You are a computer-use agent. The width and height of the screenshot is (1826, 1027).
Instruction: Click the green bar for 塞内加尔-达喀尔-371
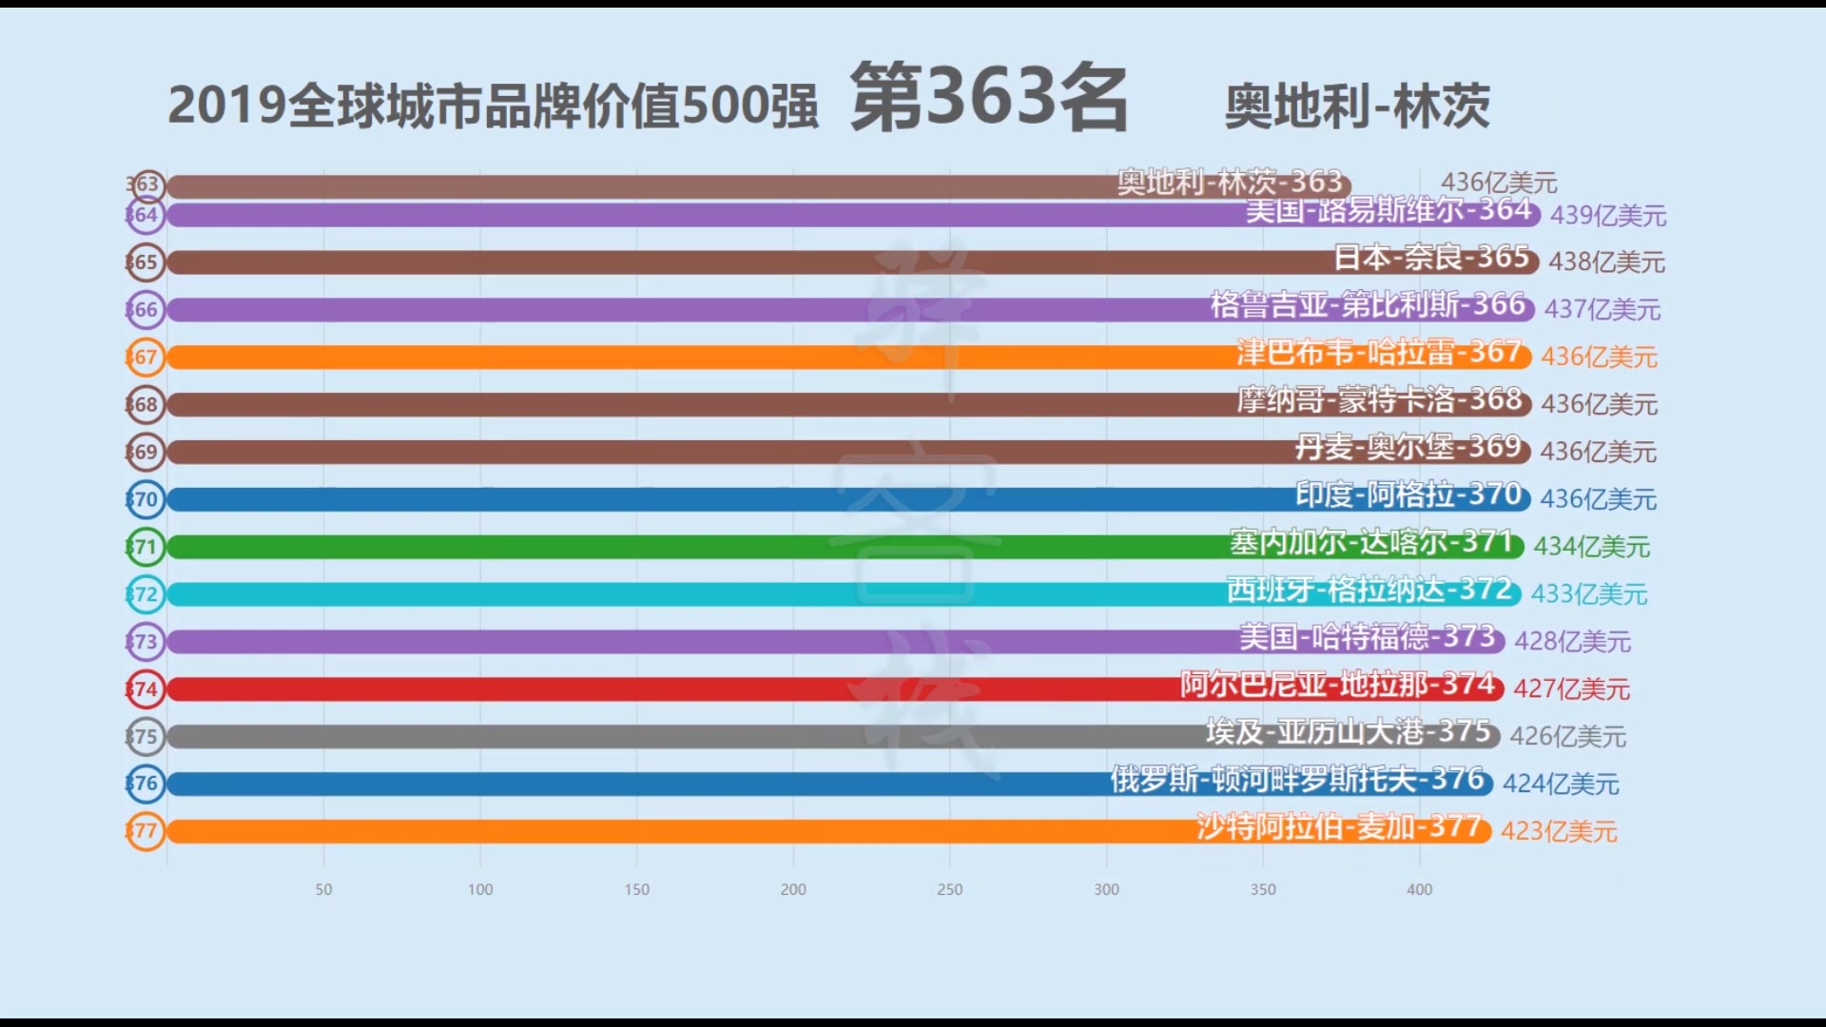[666, 547]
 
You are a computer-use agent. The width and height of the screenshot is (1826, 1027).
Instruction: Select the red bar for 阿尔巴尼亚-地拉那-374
[666, 688]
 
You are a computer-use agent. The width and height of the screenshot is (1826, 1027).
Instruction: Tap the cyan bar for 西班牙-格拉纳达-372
[666, 594]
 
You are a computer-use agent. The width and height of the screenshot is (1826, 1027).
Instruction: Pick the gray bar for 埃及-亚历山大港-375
[666, 736]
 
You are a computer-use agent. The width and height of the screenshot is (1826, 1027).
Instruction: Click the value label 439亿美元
[1607, 216]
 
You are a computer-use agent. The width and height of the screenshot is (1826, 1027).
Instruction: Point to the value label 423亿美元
[1559, 831]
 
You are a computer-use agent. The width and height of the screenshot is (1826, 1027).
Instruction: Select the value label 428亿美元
[1572, 642]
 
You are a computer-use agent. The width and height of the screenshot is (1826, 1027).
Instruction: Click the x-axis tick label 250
[949, 890]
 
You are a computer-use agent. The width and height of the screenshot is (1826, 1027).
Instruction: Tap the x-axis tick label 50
[323, 890]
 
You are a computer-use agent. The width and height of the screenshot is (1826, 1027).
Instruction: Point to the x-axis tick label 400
[1419, 890]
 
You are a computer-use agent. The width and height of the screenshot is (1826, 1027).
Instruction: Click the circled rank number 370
[146, 499]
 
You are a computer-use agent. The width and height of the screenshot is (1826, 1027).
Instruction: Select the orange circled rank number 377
[146, 831]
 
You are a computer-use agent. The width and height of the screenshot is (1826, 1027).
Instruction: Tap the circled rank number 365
[146, 262]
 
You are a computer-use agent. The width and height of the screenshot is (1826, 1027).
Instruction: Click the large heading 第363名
[988, 99]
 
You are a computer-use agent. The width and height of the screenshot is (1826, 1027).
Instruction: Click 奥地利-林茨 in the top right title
[1356, 107]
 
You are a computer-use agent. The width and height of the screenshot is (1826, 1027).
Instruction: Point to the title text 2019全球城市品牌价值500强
[493, 107]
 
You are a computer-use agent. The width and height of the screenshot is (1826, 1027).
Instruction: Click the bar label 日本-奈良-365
[1430, 258]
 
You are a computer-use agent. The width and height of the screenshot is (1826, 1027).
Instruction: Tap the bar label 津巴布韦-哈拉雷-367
[1379, 353]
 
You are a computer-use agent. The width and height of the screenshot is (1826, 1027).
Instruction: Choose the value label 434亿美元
[1591, 547]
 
